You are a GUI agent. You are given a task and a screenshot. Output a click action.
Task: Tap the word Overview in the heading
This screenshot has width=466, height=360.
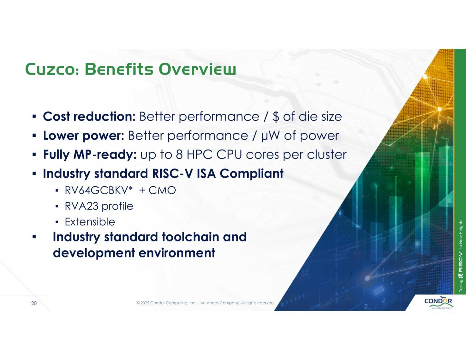point(197,69)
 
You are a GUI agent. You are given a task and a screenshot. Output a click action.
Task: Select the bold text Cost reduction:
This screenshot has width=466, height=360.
point(89,116)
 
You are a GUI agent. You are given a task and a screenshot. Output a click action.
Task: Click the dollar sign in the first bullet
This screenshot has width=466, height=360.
point(275,117)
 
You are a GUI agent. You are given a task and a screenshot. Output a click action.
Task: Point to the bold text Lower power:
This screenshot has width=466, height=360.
point(83,136)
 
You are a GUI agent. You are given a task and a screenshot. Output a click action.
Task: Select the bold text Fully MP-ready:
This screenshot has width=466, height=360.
point(90,155)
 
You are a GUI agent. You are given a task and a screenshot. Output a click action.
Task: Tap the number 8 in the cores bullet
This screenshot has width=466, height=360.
point(179,155)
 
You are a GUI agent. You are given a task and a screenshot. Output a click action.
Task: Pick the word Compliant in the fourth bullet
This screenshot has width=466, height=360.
point(252,173)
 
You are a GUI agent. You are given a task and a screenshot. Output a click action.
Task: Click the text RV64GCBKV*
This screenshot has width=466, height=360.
point(99,190)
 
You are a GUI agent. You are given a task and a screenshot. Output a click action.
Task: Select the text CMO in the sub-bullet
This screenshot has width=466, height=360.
point(162,190)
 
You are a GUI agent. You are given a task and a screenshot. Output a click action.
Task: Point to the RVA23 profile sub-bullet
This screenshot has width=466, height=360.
point(99,206)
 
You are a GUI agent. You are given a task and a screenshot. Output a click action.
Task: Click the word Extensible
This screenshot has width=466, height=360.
point(90,222)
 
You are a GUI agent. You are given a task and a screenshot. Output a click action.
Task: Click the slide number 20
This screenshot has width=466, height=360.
point(34,303)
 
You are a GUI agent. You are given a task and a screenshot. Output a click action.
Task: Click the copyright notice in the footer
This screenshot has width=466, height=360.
point(205,303)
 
